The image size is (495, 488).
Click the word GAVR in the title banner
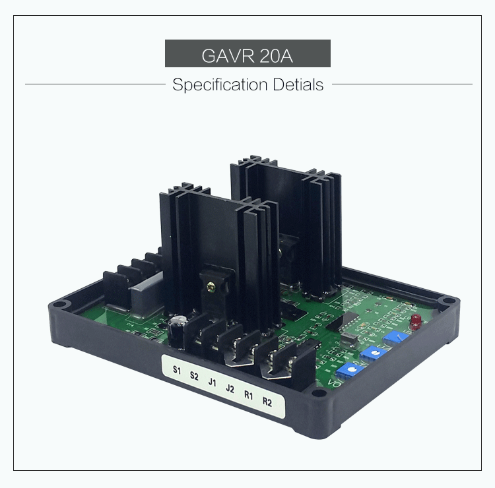click(x=228, y=55)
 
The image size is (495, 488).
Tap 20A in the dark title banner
click(x=277, y=55)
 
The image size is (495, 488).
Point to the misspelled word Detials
click(x=298, y=84)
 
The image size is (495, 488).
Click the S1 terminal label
click(x=177, y=370)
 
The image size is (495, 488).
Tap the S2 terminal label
click(x=194, y=376)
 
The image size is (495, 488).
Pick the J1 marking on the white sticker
click(x=212, y=382)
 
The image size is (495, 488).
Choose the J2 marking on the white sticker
click(x=230, y=388)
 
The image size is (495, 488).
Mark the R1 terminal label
click(x=248, y=395)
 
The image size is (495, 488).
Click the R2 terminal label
click(x=267, y=402)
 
